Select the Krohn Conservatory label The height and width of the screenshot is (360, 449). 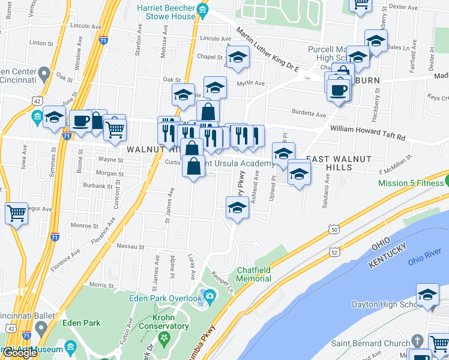[x=162, y=322]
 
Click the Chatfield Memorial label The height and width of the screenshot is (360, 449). [x=253, y=274]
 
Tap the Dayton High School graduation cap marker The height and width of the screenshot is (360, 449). [x=428, y=295]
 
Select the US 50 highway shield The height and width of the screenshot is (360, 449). [x=334, y=229]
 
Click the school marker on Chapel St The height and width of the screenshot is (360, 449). [x=238, y=57]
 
